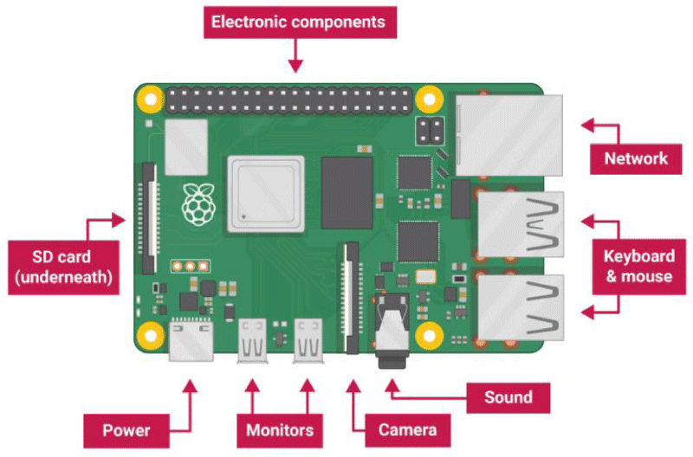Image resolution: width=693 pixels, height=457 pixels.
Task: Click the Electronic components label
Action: coord(300,23)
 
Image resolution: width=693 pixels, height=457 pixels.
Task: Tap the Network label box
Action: coord(636,159)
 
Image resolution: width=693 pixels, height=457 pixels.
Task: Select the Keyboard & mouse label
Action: coord(639,267)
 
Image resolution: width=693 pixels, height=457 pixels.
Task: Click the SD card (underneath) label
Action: coord(63,267)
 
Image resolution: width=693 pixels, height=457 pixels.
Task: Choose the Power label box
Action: coord(126,430)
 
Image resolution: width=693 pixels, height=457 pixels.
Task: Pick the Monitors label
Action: coord(280,430)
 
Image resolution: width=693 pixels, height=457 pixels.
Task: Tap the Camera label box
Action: coord(407,430)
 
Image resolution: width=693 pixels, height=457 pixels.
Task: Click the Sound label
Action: coord(508,398)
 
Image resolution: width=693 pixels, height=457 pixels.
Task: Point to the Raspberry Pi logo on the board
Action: coord(199,203)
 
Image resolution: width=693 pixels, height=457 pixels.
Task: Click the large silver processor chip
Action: coord(266,194)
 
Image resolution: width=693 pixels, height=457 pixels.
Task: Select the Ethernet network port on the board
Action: coord(509,136)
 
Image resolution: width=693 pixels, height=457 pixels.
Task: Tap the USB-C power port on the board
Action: coord(191,340)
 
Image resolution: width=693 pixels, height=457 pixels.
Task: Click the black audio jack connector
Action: coord(392,331)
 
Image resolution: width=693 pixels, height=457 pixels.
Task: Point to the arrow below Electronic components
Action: coord(295,55)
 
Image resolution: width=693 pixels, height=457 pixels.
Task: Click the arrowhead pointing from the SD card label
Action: coord(119,220)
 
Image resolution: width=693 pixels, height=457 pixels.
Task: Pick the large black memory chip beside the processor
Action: coord(347,193)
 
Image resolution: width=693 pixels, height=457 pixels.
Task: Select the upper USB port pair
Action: coord(521,224)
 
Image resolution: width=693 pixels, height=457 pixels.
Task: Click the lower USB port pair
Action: coord(521,307)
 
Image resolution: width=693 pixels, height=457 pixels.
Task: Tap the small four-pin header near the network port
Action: coord(430,132)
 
